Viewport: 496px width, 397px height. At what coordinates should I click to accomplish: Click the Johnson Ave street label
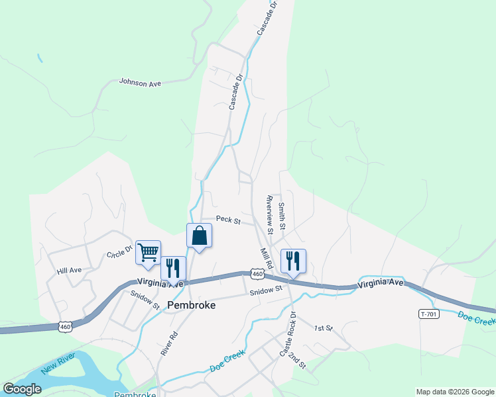coord(141,82)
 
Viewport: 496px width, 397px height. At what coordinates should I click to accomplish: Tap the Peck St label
coord(228,220)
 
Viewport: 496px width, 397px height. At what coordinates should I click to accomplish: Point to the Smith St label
coord(282,216)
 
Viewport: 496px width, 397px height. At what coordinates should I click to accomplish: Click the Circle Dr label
coord(120,253)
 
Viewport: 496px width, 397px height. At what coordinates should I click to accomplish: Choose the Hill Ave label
coord(69,271)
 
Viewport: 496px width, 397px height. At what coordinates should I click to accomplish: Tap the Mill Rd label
coord(266,258)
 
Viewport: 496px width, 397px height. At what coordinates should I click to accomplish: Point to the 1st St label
coord(323,328)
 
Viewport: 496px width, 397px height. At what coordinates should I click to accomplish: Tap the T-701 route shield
coord(429,314)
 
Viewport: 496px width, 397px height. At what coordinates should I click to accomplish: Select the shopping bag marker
coord(200,236)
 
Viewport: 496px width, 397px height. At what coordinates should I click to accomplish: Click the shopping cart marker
coord(148,251)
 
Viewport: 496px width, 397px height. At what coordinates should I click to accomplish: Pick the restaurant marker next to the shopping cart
coord(173,268)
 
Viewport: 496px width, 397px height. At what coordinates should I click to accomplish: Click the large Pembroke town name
coord(192,305)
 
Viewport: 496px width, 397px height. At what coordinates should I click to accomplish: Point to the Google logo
coord(22,389)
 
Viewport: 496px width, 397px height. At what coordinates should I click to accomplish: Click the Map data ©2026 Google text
coord(454,392)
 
